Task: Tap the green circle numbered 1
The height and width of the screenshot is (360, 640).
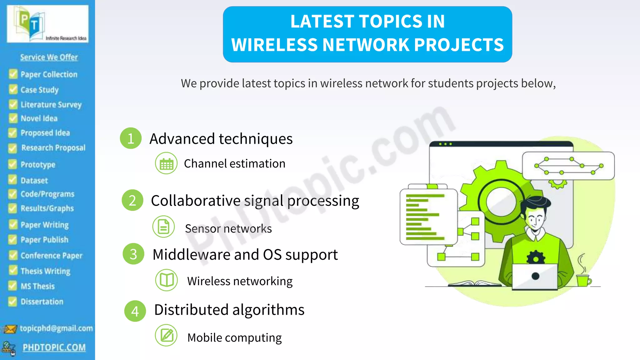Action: (x=131, y=138)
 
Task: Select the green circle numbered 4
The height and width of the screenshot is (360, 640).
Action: (x=135, y=311)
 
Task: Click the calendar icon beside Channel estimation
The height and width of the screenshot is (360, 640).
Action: (x=166, y=163)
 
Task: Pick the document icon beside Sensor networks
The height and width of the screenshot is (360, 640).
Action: (x=163, y=227)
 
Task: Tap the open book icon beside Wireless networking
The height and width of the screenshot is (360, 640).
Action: (x=167, y=280)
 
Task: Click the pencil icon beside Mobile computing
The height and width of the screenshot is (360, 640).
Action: (x=166, y=335)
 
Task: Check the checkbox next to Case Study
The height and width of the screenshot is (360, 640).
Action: (x=13, y=89)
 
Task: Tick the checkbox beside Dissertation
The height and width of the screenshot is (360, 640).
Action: (x=12, y=301)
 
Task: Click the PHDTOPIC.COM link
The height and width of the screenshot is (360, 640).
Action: (x=54, y=347)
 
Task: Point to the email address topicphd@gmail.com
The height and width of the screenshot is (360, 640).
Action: (x=56, y=328)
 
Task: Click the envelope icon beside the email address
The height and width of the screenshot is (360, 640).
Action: (x=9, y=329)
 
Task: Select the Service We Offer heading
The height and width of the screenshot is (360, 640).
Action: (x=49, y=57)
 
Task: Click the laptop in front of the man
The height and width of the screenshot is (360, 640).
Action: (x=535, y=277)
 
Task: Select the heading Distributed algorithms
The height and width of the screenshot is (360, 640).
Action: (x=229, y=310)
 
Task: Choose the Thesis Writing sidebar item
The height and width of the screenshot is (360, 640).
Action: (x=45, y=271)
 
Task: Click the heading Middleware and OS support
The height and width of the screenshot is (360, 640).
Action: (x=245, y=254)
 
